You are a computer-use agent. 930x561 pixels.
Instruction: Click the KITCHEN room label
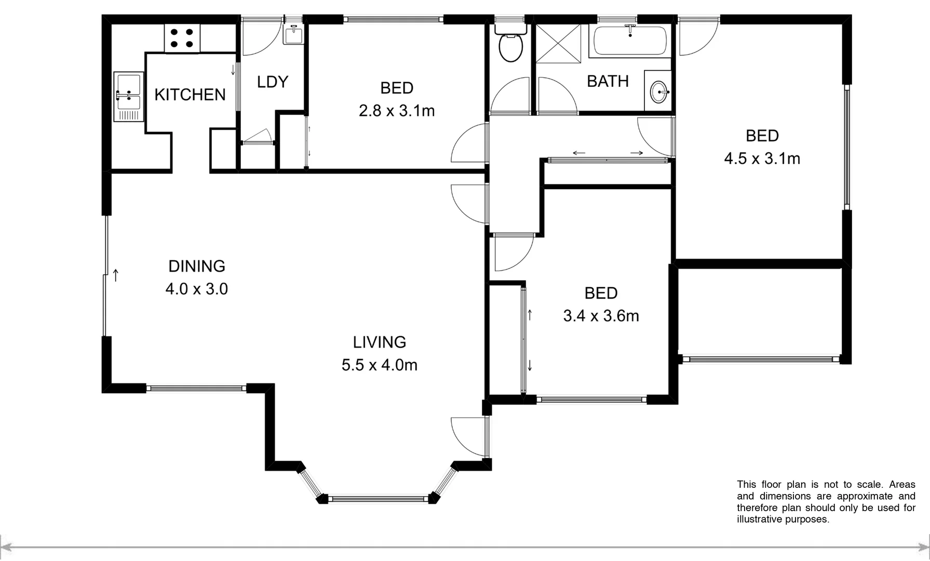(x=190, y=95)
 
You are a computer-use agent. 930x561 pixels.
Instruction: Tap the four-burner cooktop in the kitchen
(x=182, y=38)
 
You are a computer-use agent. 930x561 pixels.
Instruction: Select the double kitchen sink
(x=128, y=96)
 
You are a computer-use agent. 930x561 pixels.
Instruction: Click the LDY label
(x=273, y=82)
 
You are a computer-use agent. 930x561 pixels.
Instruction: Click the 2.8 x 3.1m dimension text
(x=397, y=111)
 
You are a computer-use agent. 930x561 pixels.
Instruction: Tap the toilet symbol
(x=510, y=46)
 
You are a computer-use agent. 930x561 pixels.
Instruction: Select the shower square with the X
(x=558, y=43)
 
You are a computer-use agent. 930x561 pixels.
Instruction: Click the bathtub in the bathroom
(x=629, y=40)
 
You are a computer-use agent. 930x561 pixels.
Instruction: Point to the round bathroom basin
(x=658, y=92)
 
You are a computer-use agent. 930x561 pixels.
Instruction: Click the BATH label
(x=608, y=81)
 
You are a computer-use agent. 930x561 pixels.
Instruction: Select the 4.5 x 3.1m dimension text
(x=762, y=158)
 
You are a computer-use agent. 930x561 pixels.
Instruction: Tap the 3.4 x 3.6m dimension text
(x=601, y=316)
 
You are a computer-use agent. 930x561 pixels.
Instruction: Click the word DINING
(x=197, y=266)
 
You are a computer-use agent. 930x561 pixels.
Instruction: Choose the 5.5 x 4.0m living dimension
(x=379, y=365)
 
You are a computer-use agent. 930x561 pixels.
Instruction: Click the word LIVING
(x=379, y=342)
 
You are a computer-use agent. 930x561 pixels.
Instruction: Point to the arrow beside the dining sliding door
(x=115, y=275)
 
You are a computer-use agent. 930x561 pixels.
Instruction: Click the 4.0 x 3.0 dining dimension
(x=197, y=289)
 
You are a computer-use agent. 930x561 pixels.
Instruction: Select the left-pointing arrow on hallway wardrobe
(x=578, y=153)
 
